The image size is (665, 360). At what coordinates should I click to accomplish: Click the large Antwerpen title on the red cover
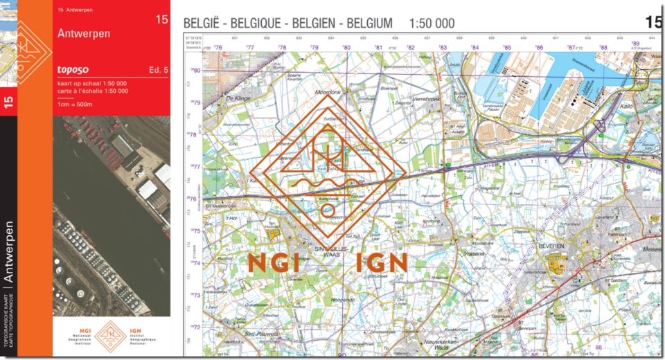[84, 33]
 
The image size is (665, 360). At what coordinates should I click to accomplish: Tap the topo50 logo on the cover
[76, 70]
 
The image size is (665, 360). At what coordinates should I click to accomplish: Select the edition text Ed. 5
[158, 70]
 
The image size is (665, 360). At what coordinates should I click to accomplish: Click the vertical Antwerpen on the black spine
[9, 252]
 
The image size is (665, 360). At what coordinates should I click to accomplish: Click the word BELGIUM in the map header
[370, 24]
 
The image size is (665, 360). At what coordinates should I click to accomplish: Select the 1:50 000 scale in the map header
[432, 24]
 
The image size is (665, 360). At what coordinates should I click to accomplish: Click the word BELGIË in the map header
[201, 24]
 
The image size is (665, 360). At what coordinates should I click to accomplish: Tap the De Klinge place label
[238, 99]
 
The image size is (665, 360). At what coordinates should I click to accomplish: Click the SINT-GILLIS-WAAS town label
[332, 248]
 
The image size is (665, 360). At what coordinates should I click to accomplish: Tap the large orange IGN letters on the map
[382, 262]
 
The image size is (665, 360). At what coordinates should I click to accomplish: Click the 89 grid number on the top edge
[635, 44]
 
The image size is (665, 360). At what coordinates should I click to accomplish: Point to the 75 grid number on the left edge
[197, 231]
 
